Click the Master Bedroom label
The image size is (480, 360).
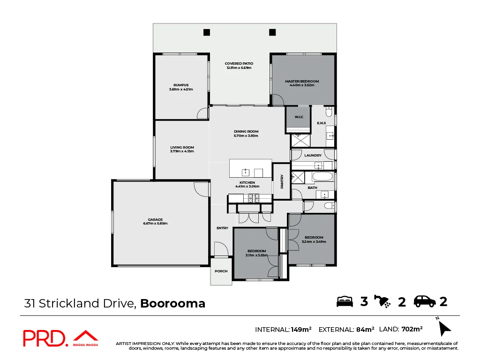tap(302, 81)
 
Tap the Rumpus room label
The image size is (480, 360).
tap(181, 85)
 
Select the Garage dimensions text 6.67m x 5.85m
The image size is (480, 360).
tap(155, 224)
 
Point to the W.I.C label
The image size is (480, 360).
tap(299, 117)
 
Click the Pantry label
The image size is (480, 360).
tap(282, 181)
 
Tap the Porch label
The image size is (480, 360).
tap(221, 271)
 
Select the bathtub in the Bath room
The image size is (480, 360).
tap(322, 177)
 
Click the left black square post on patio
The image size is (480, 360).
tap(206, 32)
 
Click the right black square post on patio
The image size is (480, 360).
tap(272, 32)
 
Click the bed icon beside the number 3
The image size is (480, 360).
tap(345, 301)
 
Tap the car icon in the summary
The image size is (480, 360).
tap(425, 301)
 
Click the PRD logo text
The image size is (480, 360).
tap(45, 338)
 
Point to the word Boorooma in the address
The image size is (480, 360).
tap(173, 303)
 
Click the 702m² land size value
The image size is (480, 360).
tap(412, 329)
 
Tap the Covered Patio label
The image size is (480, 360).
tap(239, 63)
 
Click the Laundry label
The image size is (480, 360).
tap(313, 155)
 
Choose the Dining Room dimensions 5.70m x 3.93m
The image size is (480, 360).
tap(246, 136)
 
